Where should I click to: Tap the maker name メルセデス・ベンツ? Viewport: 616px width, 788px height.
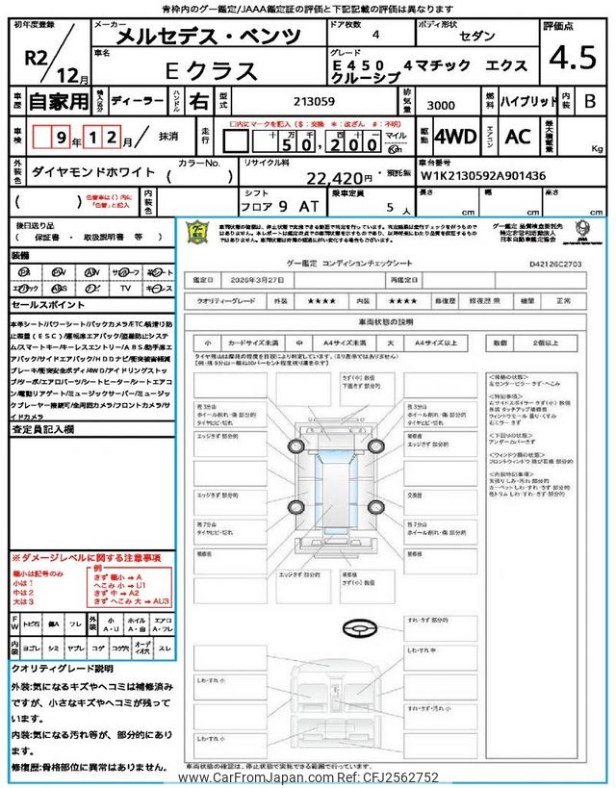click(208, 38)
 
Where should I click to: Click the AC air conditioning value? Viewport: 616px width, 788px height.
click(519, 138)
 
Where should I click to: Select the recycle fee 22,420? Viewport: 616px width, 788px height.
click(339, 178)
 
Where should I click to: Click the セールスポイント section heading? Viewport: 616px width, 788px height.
click(48, 304)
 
